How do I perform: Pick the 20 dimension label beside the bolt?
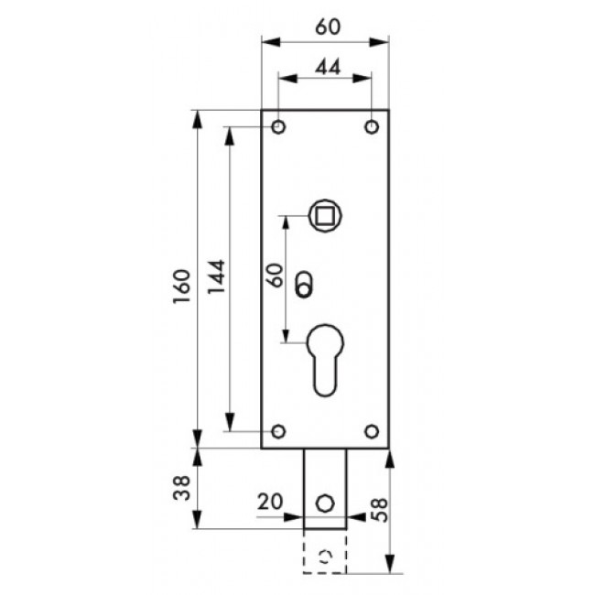pyautogui.click(x=271, y=502)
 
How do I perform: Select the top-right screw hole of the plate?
pyautogui.click(x=372, y=126)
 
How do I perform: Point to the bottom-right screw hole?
pyautogui.click(x=372, y=431)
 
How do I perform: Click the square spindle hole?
pyautogui.click(x=325, y=215)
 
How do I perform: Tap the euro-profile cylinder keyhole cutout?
pyautogui.click(x=325, y=357)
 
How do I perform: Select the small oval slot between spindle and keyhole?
pyautogui.click(x=303, y=283)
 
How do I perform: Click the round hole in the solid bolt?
pyautogui.click(x=325, y=503)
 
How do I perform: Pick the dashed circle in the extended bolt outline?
pyautogui.click(x=325, y=556)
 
